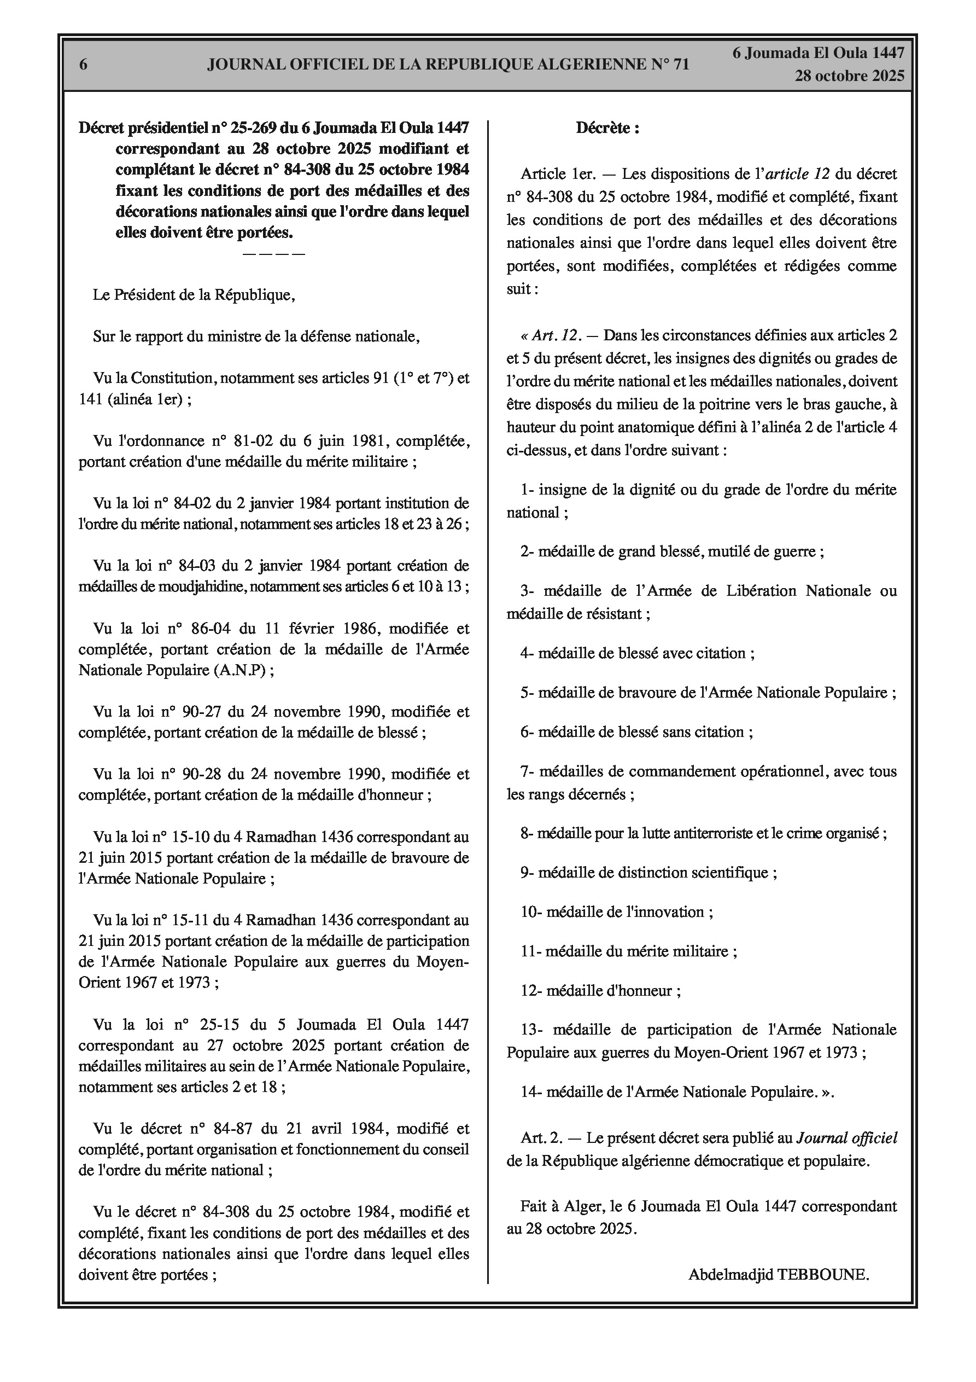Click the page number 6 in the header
click(84, 65)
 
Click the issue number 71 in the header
click(679, 65)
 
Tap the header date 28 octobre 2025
click(849, 76)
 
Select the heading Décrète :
click(607, 127)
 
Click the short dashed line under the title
click(274, 253)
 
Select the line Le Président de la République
click(194, 295)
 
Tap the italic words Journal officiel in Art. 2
click(846, 1137)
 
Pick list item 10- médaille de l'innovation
click(617, 911)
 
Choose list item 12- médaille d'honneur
click(600, 990)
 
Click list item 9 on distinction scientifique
click(648, 872)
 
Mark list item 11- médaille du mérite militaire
click(629, 951)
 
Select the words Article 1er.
click(558, 174)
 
